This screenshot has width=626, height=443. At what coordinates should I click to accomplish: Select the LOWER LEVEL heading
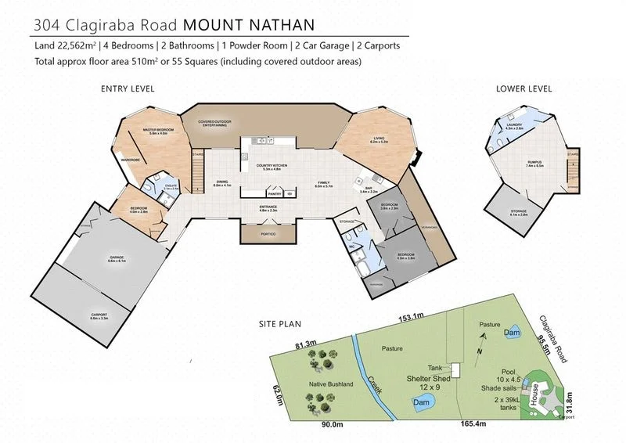pos(523,88)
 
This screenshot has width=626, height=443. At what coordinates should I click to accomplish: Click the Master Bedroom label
pos(157,131)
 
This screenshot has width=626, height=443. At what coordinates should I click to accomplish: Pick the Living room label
pos(380,140)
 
